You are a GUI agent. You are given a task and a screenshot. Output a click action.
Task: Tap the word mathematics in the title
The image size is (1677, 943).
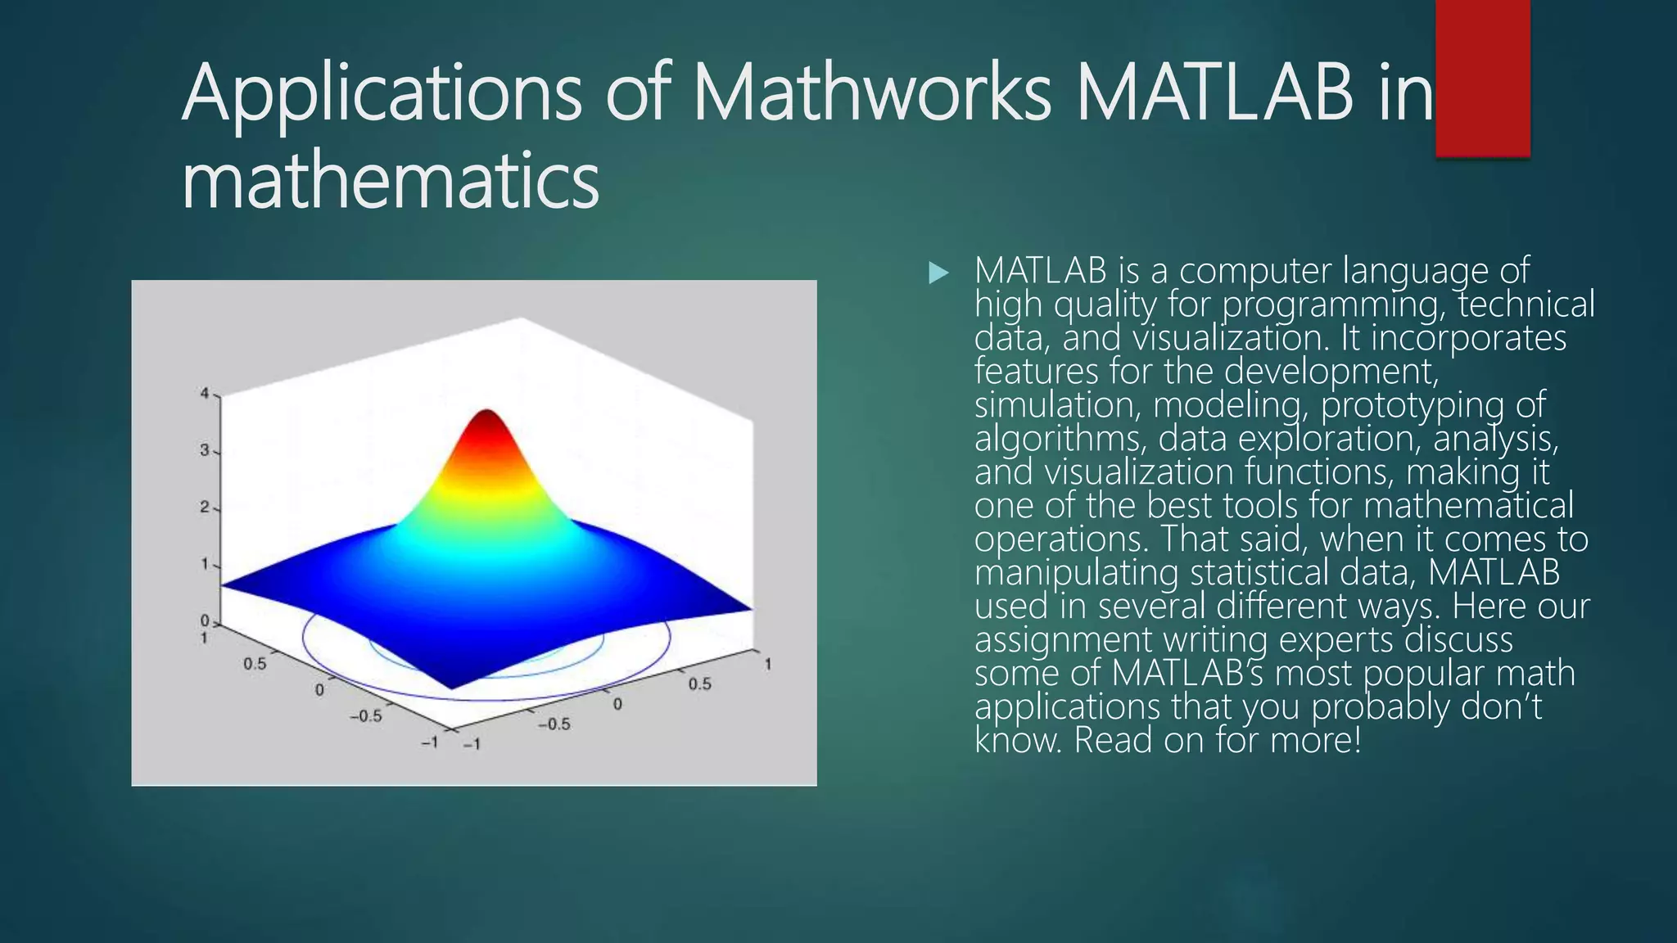pyautogui.click(x=391, y=182)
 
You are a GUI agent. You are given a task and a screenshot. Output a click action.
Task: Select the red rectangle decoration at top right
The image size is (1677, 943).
pyautogui.click(x=1482, y=78)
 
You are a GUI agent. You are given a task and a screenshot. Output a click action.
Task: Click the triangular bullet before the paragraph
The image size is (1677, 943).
pyautogui.click(x=938, y=273)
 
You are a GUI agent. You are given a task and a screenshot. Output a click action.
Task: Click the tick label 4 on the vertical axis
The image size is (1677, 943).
pyautogui.click(x=205, y=394)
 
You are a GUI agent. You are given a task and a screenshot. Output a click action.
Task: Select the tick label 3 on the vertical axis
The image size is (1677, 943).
pyautogui.click(x=205, y=450)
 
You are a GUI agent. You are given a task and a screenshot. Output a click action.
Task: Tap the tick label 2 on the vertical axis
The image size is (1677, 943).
pyautogui.click(x=205, y=508)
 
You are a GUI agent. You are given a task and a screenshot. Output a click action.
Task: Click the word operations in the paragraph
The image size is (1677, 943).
pyautogui.click(x=1061, y=539)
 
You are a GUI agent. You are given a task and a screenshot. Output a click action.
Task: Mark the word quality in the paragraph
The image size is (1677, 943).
pyautogui.click(x=1105, y=305)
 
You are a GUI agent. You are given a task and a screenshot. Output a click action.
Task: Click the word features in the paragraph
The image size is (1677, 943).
pyautogui.click(x=1036, y=372)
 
